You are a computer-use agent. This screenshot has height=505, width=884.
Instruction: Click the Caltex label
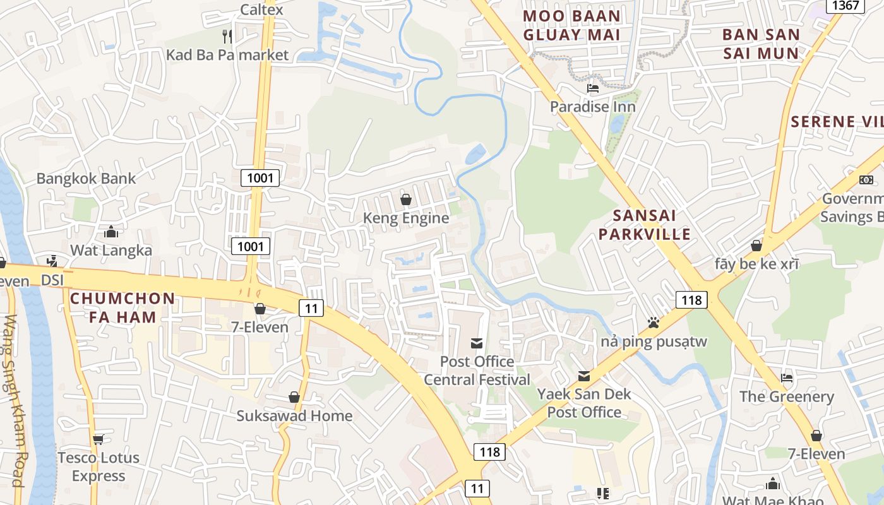[262, 9]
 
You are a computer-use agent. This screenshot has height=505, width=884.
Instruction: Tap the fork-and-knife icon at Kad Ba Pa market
[227, 36]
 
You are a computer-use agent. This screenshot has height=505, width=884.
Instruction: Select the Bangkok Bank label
[86, 178]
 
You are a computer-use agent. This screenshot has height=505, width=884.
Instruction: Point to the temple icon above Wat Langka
[111, 232]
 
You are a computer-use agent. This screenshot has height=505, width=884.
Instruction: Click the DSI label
[53, 279]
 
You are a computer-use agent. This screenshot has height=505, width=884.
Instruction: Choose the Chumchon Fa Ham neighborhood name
[122, 307]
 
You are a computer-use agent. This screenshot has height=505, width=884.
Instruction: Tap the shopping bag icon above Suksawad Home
[294, 397]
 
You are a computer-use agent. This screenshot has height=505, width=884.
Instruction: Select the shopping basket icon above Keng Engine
[406, 199]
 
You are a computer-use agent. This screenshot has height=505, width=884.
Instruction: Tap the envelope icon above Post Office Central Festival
[477, 343]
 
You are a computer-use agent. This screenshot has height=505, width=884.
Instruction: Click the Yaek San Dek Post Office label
[584, 403]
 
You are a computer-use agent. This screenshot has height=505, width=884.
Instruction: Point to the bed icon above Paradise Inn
[592, 88]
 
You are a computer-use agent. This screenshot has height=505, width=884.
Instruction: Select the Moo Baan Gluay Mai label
[572, 25]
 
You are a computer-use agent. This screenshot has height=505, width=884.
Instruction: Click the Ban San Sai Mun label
[761, 44]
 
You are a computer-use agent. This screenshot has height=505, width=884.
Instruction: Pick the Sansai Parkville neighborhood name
[645, 225]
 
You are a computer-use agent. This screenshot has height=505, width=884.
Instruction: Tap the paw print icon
[653, 323]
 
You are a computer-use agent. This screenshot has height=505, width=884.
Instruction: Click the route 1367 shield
[845, 6]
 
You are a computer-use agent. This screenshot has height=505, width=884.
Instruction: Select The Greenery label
[787, 396]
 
